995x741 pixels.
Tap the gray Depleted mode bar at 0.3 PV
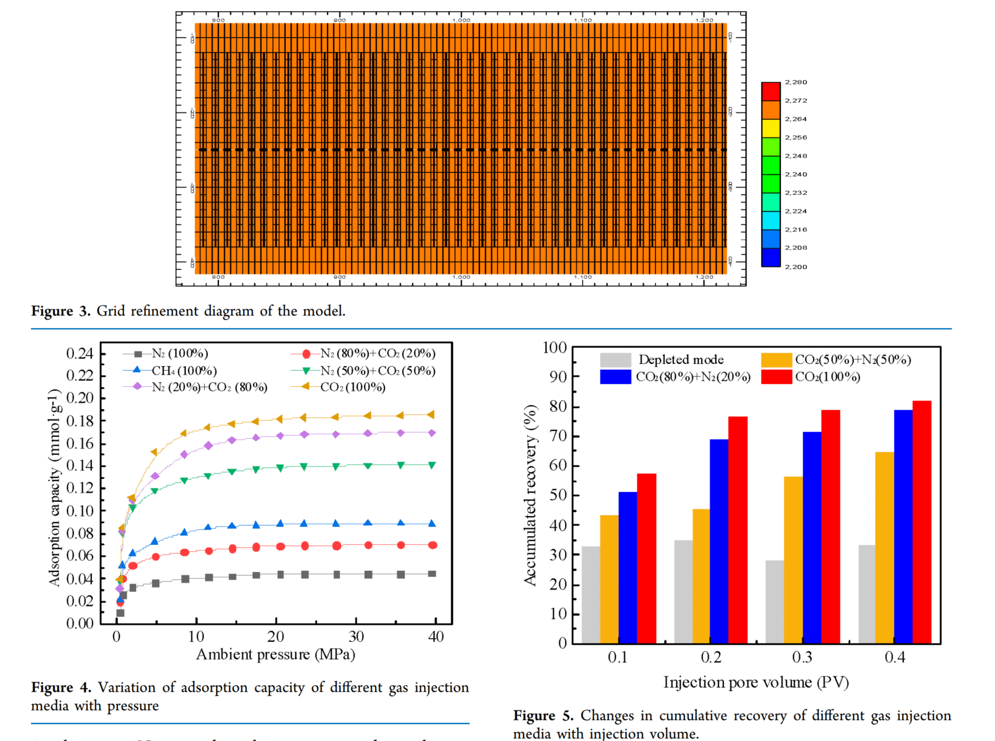[775, 602]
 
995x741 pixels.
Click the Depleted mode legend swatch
[615, 360]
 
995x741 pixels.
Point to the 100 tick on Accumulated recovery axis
[555, 348]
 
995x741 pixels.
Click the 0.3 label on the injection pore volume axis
[802, 657]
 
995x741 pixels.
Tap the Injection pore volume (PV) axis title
[756, 683]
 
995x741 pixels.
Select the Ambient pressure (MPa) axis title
[275, 654]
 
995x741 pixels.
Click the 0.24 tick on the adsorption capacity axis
[79, 354]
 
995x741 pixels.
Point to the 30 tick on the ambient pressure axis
[356, 637]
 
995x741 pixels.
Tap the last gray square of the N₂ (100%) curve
[432, 573]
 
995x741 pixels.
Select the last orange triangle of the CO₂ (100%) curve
[431, 415]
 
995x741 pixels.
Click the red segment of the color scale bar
[770, 91]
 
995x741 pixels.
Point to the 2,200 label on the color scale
[795, 267]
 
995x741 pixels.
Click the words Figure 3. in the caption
[61, 311]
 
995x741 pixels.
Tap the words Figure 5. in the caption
[543, 715]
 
